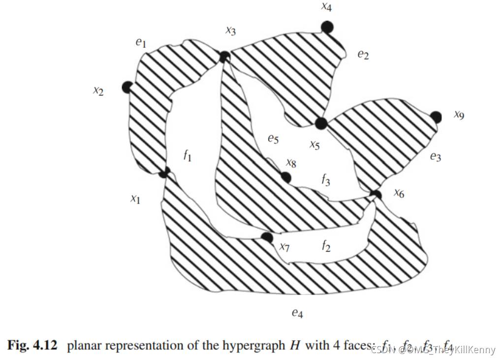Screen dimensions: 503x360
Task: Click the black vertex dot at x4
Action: point(327,27)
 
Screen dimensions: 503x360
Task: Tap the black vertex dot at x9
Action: point(436,117)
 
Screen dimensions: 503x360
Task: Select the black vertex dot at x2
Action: point(127,87)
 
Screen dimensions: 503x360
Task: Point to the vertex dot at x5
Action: point(321,123)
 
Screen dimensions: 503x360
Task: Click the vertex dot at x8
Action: point(285,177)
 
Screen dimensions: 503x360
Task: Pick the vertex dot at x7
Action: point(267,238)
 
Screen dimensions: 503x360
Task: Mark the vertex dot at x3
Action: point(224,57)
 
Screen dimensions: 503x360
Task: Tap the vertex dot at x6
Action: point(377,195)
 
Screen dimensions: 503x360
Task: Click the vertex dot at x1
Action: point(164,172)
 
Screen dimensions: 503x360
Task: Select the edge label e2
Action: point(363,55)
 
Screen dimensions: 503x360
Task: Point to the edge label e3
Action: point(435,157)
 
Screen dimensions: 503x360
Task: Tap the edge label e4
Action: point(296,312)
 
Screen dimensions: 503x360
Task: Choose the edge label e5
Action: point(273,139)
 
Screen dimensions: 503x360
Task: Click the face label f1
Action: point(187,156)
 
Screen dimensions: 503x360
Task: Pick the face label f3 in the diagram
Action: point(325,180)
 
